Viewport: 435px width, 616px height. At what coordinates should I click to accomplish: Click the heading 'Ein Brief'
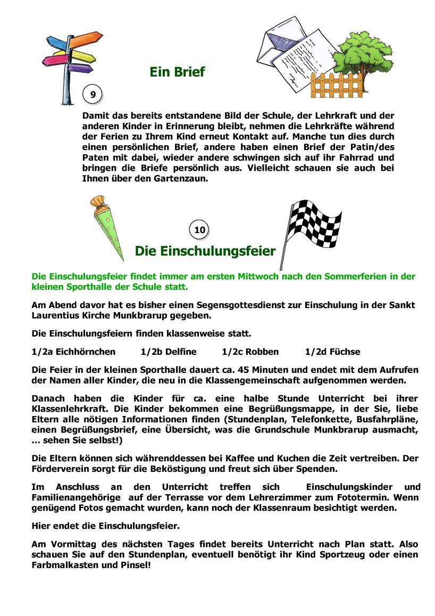coord(177,72)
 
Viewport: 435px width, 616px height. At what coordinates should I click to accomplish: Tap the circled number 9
coord(93,95)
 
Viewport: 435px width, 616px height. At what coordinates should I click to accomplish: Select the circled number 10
coord(199,230)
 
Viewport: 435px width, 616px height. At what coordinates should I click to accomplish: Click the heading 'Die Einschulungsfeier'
coord(205,251)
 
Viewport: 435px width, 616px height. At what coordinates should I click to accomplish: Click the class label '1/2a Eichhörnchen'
coord(73,352)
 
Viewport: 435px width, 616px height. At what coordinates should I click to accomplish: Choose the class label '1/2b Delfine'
coord(168,352)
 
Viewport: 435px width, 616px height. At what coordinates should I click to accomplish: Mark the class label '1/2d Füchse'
coord(332,352)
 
